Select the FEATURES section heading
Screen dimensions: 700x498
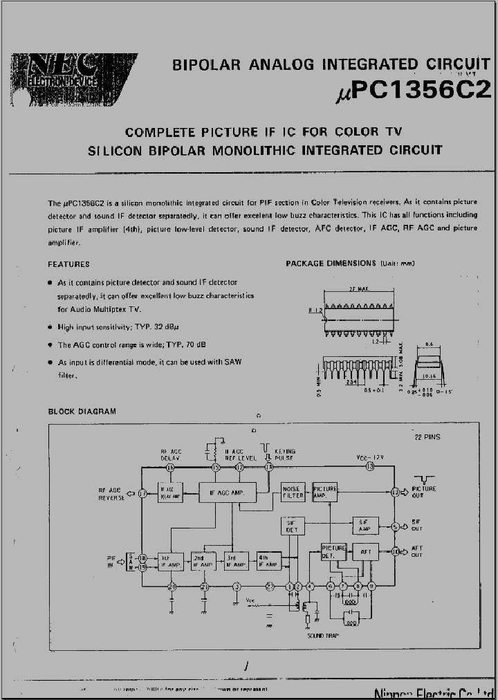(x=68, y=264)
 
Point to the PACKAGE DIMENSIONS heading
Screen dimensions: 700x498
(x=331, y=264)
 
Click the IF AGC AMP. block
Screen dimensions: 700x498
(x=227, y=493)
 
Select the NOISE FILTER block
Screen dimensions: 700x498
(x=293, y=493)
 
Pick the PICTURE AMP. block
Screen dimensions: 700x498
(x=324, y=493)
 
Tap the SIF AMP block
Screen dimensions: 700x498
(x=365, y=526)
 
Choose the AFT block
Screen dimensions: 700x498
(x=365, y=552)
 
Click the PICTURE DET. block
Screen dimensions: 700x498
(x=333, y=552)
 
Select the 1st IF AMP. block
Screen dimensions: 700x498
(x=170, y=561)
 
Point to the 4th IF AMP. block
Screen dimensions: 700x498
(x=269, y=561)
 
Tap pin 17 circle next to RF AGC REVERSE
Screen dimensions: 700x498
(x=142, y=493)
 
